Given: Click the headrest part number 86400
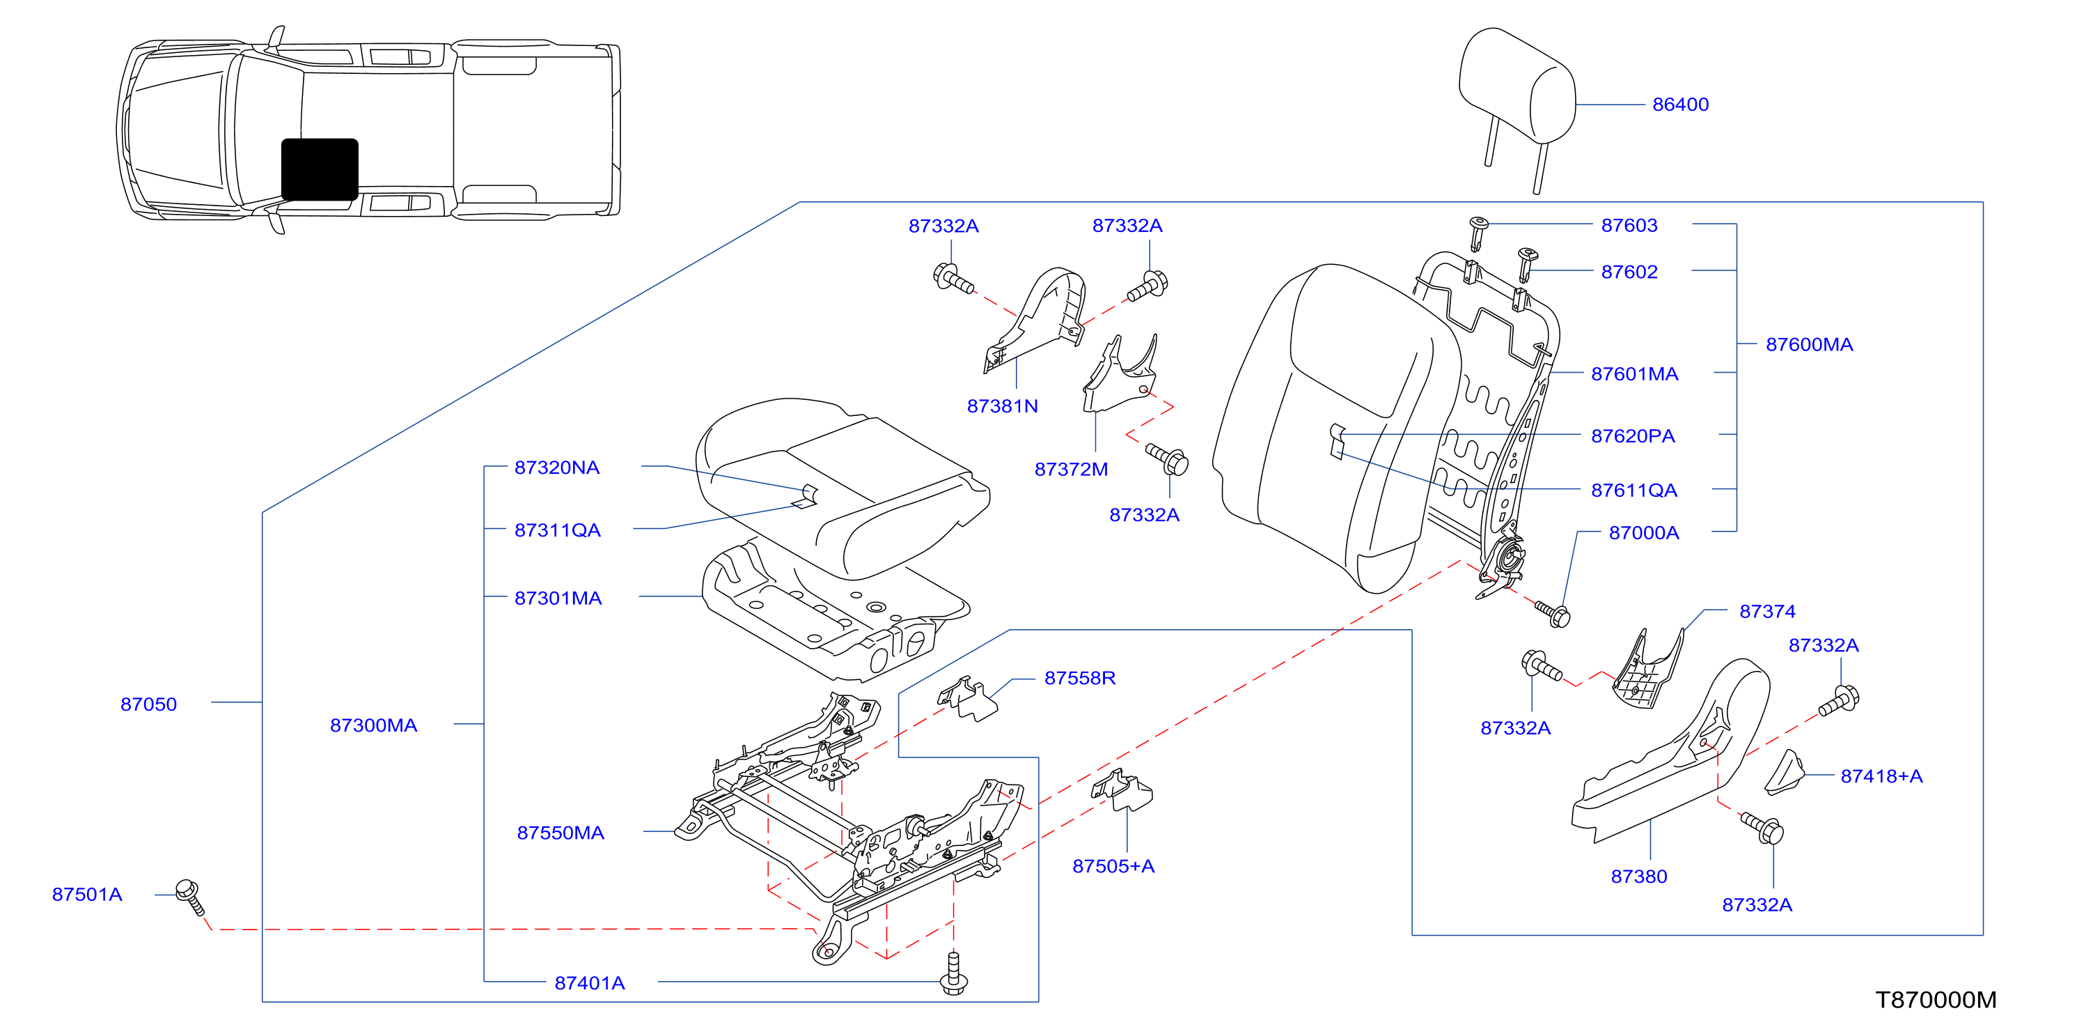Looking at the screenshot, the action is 1680,105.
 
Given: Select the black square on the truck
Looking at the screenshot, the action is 320,169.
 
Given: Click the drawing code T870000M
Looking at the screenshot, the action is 1935,1000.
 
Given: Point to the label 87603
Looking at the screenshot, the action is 1629,226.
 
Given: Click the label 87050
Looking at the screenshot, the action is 148,704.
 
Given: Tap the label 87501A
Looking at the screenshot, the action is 87,895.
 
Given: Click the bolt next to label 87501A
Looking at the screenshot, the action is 190,897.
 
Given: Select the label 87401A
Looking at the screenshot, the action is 589,983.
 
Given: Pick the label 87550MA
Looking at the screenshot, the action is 561,833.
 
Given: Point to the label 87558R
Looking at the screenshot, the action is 1080,679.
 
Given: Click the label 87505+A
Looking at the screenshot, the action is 1113,866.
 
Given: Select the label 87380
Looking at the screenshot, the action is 1638,877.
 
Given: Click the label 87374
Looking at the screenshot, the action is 1767,611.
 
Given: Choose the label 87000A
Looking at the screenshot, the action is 1644,533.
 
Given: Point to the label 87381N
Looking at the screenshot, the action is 1002,406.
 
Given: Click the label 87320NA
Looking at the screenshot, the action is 557,468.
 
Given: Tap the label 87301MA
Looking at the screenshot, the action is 558,599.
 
